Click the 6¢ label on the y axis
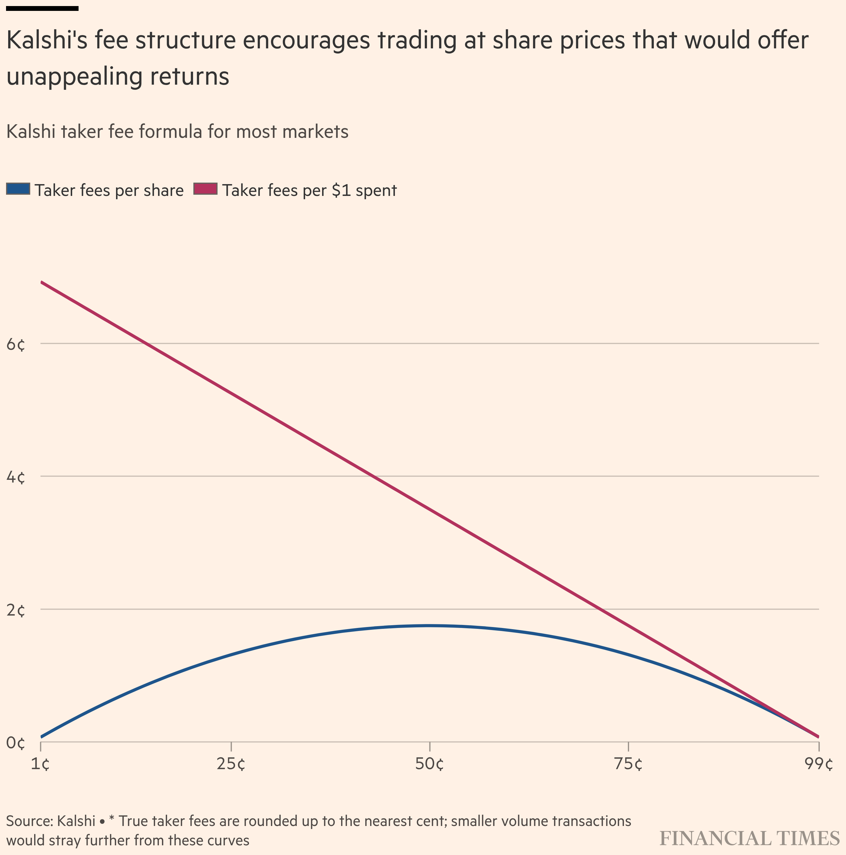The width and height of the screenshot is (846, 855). (16, 345)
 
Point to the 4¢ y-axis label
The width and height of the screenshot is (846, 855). (16, 477)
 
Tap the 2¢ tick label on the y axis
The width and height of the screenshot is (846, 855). (16, 611)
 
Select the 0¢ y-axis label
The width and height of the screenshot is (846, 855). (16, 743)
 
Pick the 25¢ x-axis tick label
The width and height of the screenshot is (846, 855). (231, 764)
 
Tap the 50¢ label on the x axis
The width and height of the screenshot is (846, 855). (429, 764)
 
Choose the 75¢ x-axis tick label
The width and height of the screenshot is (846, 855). (628, 764)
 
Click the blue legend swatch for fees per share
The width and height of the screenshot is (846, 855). (18, 189)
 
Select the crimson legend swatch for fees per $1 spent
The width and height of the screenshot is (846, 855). (206, 189)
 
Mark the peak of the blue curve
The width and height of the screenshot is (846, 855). (429, 625)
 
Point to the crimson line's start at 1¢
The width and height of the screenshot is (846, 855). (41, 282)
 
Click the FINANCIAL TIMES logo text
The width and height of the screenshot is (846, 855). (749, 839)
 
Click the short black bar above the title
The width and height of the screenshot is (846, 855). (43, 8)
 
